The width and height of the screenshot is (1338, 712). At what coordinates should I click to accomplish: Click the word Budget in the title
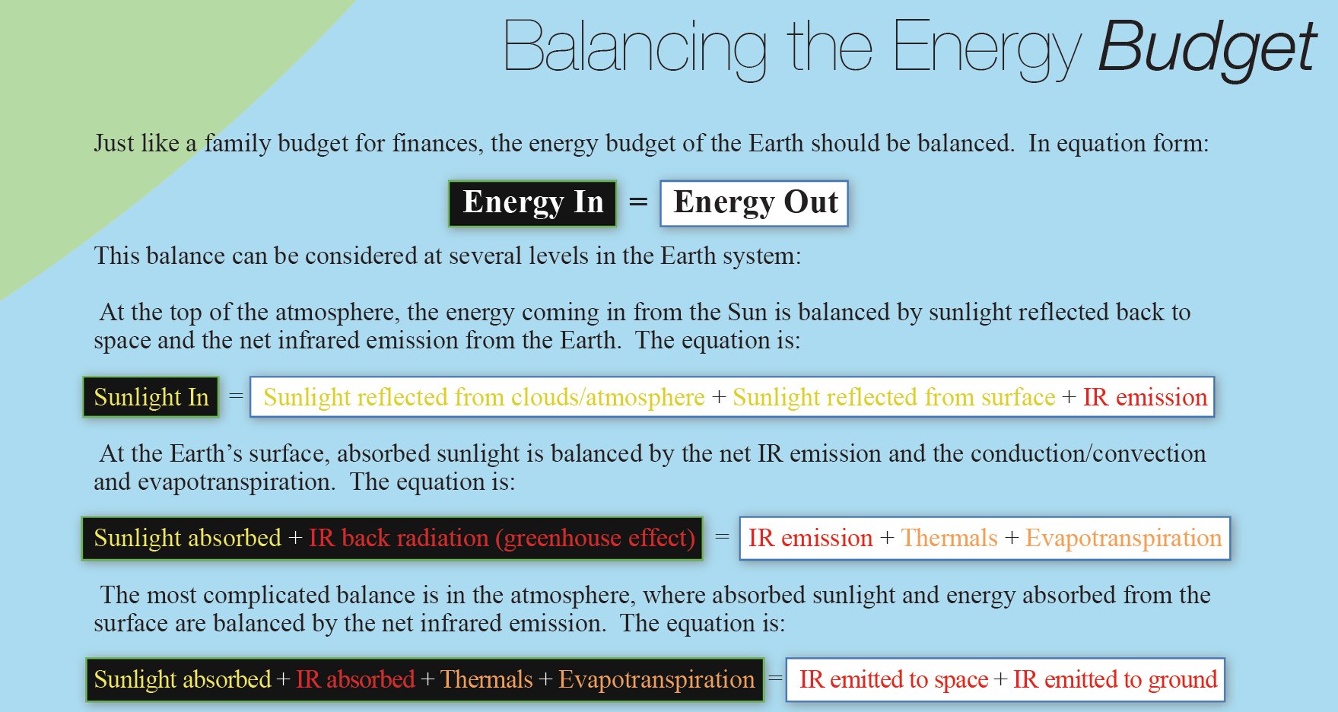point(1207,49)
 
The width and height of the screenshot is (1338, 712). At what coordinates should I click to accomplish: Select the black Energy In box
point(532,203)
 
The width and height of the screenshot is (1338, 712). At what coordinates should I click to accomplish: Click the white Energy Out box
point(754,203)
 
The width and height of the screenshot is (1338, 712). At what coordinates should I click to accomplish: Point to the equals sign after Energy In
point(638,202)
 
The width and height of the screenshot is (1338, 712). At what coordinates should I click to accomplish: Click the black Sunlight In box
point(151,397)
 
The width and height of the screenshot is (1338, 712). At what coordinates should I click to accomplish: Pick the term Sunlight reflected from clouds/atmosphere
point(484,397)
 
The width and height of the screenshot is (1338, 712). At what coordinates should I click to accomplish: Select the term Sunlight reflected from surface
point(894,397)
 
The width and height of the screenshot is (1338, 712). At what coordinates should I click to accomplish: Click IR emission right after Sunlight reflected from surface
point(1145,397)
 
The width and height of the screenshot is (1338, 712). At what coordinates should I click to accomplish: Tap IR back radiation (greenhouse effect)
point(502,538)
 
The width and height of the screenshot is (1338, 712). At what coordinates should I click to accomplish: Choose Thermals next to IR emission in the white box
point(949,538)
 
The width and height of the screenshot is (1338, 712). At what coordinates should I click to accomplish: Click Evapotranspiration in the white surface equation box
point(1123,538)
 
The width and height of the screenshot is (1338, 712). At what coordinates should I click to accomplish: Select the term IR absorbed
point(355,679)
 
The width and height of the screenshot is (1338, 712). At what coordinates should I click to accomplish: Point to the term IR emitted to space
point(894,679)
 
